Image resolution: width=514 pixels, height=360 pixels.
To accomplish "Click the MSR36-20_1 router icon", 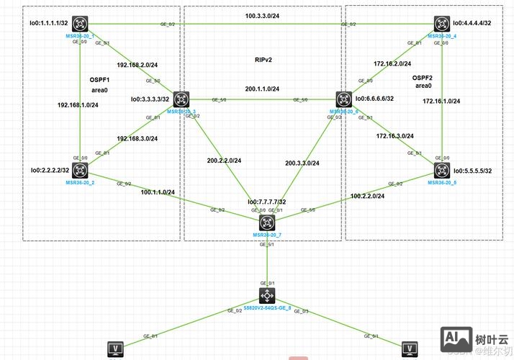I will pos(78,25).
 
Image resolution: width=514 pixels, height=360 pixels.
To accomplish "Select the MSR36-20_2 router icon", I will pos(78,170).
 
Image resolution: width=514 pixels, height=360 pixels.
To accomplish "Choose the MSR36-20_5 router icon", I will pos(441,170).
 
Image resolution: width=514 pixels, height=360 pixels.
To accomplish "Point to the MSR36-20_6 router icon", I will pos(341,100).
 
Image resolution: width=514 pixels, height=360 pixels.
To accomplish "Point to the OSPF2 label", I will pos(423,77).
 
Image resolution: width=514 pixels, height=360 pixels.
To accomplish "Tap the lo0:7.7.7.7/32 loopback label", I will pos(266,202).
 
